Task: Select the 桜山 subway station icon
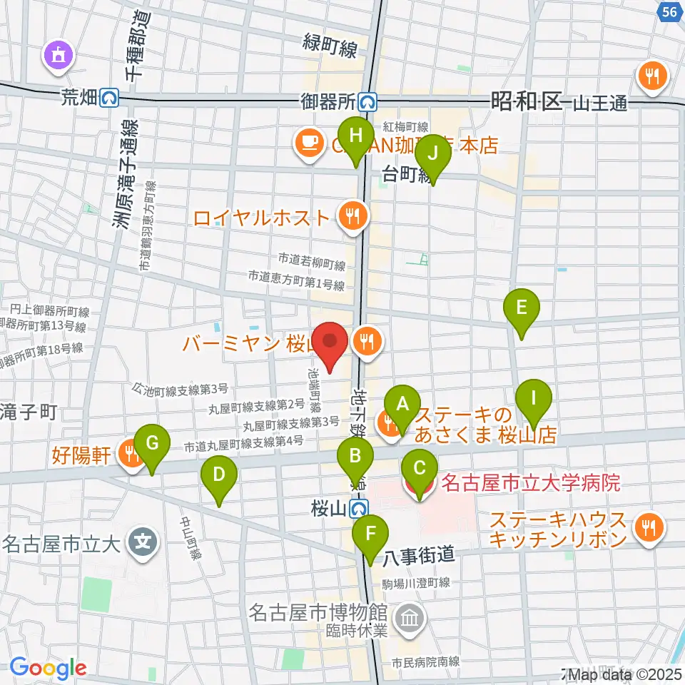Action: tap(360, 509)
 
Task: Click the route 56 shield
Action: tap(669, 12)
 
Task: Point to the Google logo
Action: tap(48, 668)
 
